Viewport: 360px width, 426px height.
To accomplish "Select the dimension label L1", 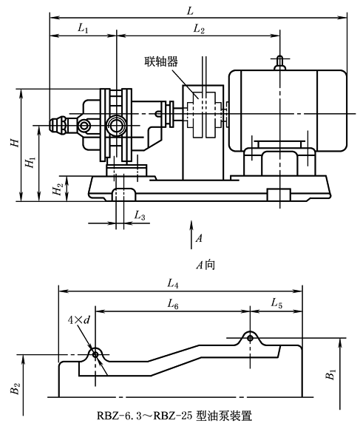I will click(82, 28).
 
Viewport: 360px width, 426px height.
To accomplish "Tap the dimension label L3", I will click(140, 215).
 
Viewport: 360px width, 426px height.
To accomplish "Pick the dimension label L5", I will click(275, 302).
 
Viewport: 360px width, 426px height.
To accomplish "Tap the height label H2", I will click(58, 189).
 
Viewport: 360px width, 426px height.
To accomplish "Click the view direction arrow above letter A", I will click(192, 225).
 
